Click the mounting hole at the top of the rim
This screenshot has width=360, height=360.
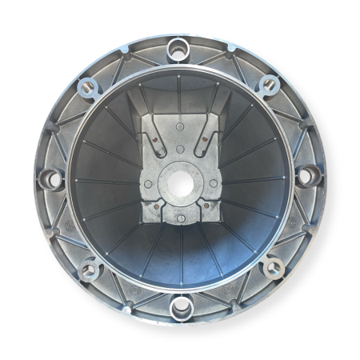point(179,50)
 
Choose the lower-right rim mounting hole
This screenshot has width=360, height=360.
point(271,266)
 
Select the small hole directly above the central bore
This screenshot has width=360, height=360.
point(180,148)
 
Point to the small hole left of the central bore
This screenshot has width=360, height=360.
point(148,184)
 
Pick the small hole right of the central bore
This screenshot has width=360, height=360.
point(214,183)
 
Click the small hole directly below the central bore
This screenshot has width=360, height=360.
point(181,218)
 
